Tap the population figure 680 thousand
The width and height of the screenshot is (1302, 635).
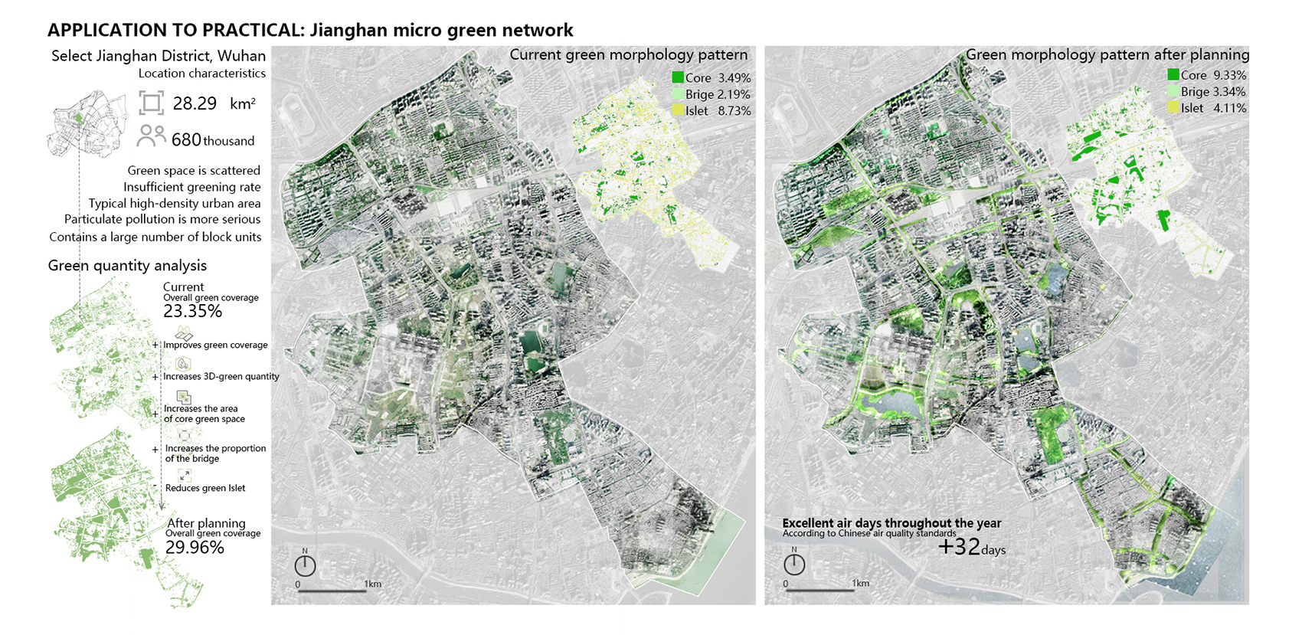[x=212, y=140]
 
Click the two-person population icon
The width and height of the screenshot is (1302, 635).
[x=151, y=136]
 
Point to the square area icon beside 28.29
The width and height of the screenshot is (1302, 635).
[x=151, y=103]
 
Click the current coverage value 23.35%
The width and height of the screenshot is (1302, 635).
[x=192, y=311]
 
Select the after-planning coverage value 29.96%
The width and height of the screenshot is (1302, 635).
[x=195, y=547]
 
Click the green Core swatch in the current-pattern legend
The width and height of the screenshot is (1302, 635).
[x=678, y=77]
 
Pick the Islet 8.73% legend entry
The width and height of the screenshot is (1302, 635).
[x=712, y=111]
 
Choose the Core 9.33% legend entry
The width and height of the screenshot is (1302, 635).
[x=1207, y=75]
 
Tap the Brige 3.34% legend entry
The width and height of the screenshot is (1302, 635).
[x=1207, y=92]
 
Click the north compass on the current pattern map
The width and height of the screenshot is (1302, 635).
[x=305, y=565]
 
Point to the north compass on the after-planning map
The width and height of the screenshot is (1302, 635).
[x=794, y=565]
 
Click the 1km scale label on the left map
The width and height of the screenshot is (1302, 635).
[x=372, y=584]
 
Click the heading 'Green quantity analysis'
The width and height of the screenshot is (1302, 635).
[x=127, y=266]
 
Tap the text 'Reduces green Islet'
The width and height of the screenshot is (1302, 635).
[x=205, y=488]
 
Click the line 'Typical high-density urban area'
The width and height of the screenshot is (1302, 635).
[x=174, y=203]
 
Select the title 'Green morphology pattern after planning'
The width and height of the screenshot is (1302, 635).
[x=1107, y=54]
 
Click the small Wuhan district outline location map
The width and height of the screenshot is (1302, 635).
[x=86, y=124]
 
